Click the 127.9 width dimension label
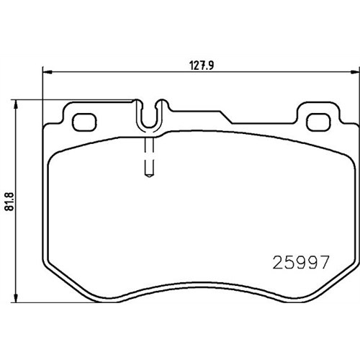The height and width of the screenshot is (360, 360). [x=202, y=66]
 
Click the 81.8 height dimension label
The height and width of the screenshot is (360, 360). [x=9, y=202]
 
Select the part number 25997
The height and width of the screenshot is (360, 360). [x=300, y=262]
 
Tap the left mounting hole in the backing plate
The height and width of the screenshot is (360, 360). [x=84, y=122]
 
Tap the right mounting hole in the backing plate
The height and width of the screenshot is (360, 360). [x=318, y=122]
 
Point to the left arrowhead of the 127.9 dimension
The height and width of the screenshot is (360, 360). [x=48, y=72]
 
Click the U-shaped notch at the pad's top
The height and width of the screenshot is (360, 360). [x=149, y=127]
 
